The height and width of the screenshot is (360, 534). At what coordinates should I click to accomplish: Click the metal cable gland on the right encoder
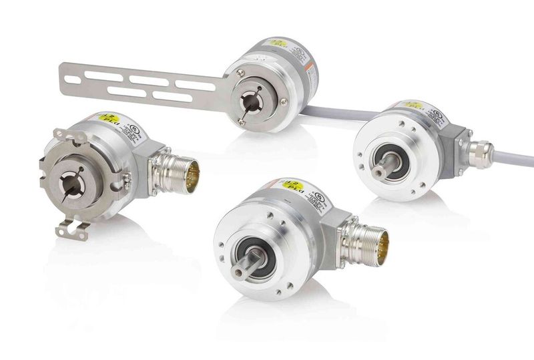480,153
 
